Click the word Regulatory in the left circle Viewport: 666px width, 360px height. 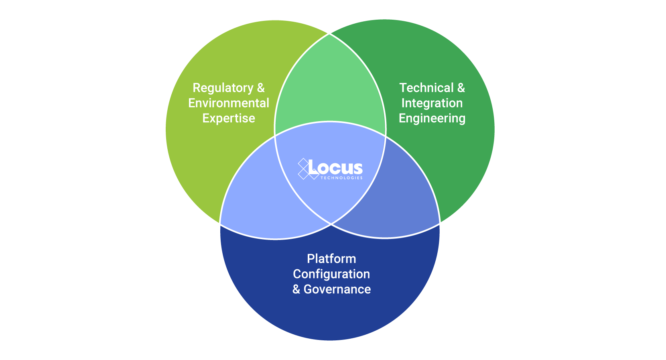(x=223, y=88)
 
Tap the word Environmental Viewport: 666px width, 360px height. (x=229, y=103)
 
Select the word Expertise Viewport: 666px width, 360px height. (x=229, y=118)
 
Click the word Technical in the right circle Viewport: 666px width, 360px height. (x=426, y=88)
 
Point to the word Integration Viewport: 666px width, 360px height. (x=432, y=103)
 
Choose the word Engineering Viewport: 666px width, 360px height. (x=432, y=118)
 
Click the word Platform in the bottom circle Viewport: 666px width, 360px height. (x=331, y=259)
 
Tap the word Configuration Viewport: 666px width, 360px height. (x=331, y=274)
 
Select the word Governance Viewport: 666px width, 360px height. (x=337, y=289)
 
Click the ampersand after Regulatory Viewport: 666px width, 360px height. (x=261, y=88)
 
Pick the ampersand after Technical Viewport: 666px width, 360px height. (x=461, y=88)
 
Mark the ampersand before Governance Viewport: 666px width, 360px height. (x=296, y=289)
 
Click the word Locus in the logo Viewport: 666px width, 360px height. (x=335, y=168)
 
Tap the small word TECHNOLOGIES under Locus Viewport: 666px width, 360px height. (x=341, y=178)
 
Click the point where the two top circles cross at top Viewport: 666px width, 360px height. (x=330, y=34)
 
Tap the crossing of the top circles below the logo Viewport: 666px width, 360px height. (x=331, y=224)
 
